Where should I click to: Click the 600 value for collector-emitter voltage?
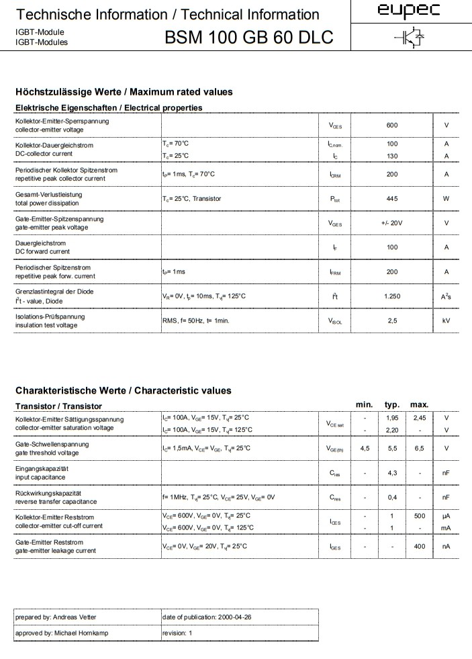[x=392, y=126]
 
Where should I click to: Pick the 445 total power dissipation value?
[x=392, y=199]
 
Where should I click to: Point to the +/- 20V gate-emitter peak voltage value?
[x=391, y=223]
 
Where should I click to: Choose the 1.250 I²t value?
[x=392, y=296]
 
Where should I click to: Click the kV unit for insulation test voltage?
[x=446, y=321]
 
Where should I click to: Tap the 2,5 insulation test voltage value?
[x=392, y=321]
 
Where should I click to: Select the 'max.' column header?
[x=420, y=404]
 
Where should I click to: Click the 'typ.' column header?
[x=392, y=404]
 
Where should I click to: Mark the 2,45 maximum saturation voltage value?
[x=420, y=418]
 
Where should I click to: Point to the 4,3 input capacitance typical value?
[x=392, y=473]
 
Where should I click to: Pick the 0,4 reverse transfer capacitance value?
[x=392, y=498]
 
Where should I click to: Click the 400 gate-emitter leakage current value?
[x=420, y=547]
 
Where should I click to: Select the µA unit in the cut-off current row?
[x=446, y=516]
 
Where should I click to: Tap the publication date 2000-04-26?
[x=234, y=617]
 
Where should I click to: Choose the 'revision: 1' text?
[x=177, y=633]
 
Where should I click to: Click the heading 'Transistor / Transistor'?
[x=58, y=406]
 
